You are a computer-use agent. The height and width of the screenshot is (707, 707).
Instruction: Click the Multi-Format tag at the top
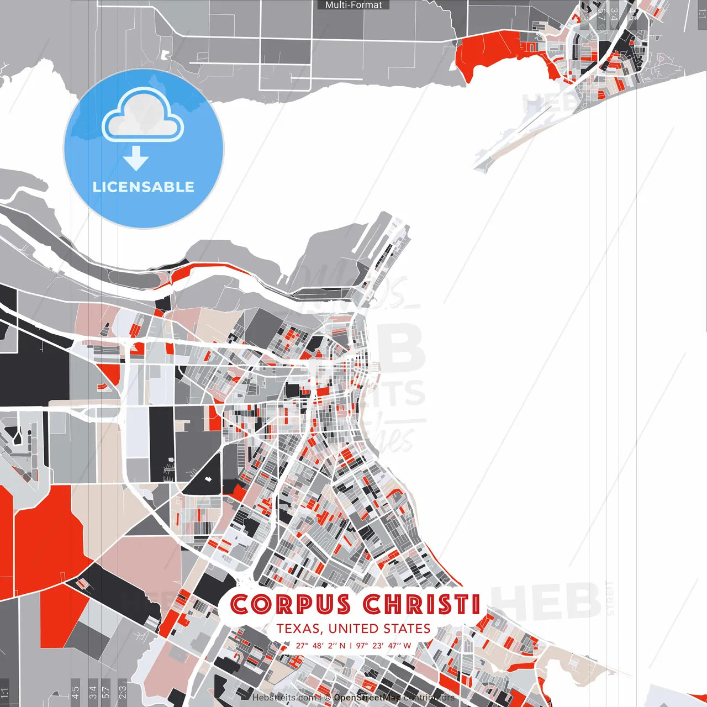coord(353,5)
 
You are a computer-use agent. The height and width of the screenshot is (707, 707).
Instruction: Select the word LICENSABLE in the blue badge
coord(144,187)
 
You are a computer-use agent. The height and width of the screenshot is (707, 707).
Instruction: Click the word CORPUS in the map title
coord(291,604)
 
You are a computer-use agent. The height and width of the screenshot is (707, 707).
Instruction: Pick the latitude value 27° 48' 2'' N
coord(320,645)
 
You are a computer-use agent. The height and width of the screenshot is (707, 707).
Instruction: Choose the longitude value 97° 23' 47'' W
coord(383,645)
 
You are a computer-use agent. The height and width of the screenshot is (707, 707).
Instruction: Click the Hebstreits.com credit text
coord(284,698)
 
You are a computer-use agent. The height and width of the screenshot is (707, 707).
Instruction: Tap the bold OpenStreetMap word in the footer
coord(367,698)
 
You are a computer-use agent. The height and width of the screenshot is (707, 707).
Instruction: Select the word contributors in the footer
coord(429,698)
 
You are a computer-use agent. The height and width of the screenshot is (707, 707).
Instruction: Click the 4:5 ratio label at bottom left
coord(75,691)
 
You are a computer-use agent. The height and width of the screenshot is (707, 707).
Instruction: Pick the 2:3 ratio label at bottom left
coord(122,691)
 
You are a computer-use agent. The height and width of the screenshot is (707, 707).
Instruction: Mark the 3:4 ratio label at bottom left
coord(93,691)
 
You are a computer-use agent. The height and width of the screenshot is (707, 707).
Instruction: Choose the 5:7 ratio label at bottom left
coord(106,691)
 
